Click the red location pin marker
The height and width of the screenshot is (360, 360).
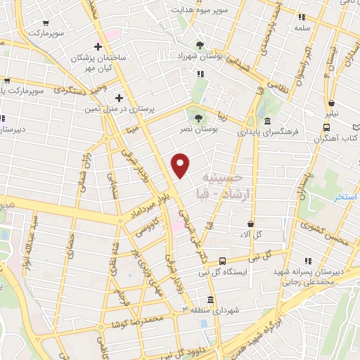point(181,165)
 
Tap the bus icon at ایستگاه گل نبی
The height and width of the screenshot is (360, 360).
point(222,261)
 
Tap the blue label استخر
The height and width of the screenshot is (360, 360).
point(347,197)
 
